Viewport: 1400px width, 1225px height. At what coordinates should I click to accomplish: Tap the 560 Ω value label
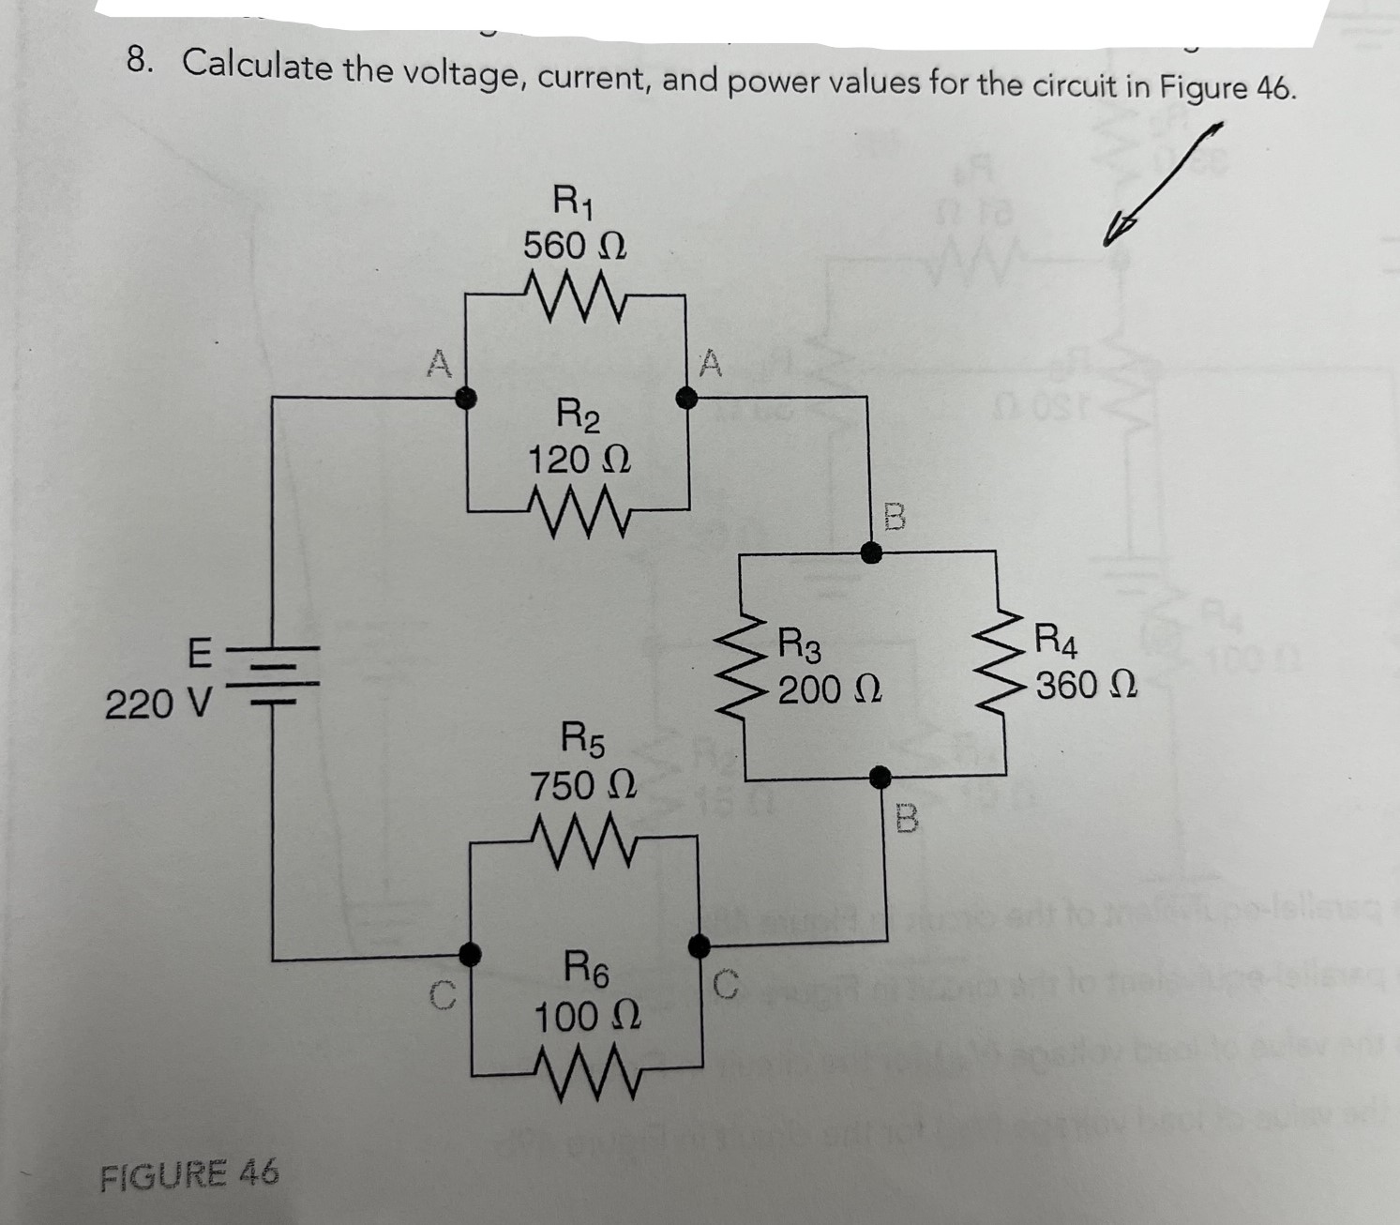575,246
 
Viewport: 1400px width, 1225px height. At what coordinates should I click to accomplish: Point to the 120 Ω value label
579,460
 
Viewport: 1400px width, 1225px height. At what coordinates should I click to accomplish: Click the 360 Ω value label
1086,686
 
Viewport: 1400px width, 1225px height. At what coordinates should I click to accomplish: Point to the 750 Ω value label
583,785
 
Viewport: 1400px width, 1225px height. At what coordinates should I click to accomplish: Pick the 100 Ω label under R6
588,1016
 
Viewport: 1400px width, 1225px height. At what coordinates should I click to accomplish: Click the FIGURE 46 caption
188,1172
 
